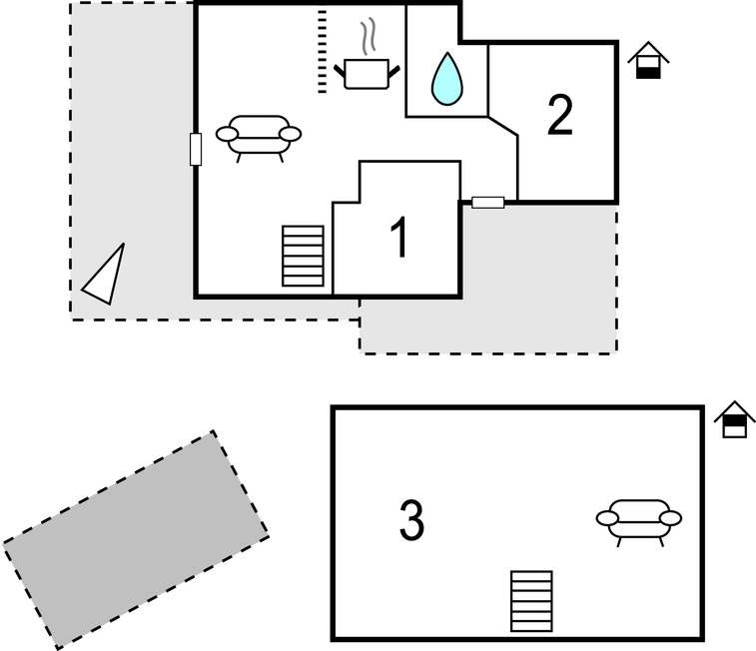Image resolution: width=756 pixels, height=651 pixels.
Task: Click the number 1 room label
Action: (398, 239)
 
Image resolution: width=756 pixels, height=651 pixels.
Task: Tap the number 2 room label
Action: (560, 117)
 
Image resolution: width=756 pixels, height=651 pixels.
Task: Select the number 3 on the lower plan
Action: (411, 520)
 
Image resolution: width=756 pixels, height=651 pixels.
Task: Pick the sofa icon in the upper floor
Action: (259, 137)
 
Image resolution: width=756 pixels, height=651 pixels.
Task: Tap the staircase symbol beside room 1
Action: (304, 256)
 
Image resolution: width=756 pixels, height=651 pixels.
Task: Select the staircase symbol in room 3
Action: (531, 601)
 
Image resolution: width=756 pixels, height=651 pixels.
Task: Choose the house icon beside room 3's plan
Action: (735, 419)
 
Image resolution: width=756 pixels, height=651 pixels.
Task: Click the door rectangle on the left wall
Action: (196, 149)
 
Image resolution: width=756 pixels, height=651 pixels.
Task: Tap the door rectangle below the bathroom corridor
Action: (487, 203)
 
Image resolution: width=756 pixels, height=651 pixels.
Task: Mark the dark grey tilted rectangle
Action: (135, 539)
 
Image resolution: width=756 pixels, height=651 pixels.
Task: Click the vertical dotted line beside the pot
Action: (322, 52)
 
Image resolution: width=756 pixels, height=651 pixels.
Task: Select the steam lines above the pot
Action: (370, 35)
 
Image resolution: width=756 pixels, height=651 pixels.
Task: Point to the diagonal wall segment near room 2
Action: (502, 126)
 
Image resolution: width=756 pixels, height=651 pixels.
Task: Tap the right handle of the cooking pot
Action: (395, 70)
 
